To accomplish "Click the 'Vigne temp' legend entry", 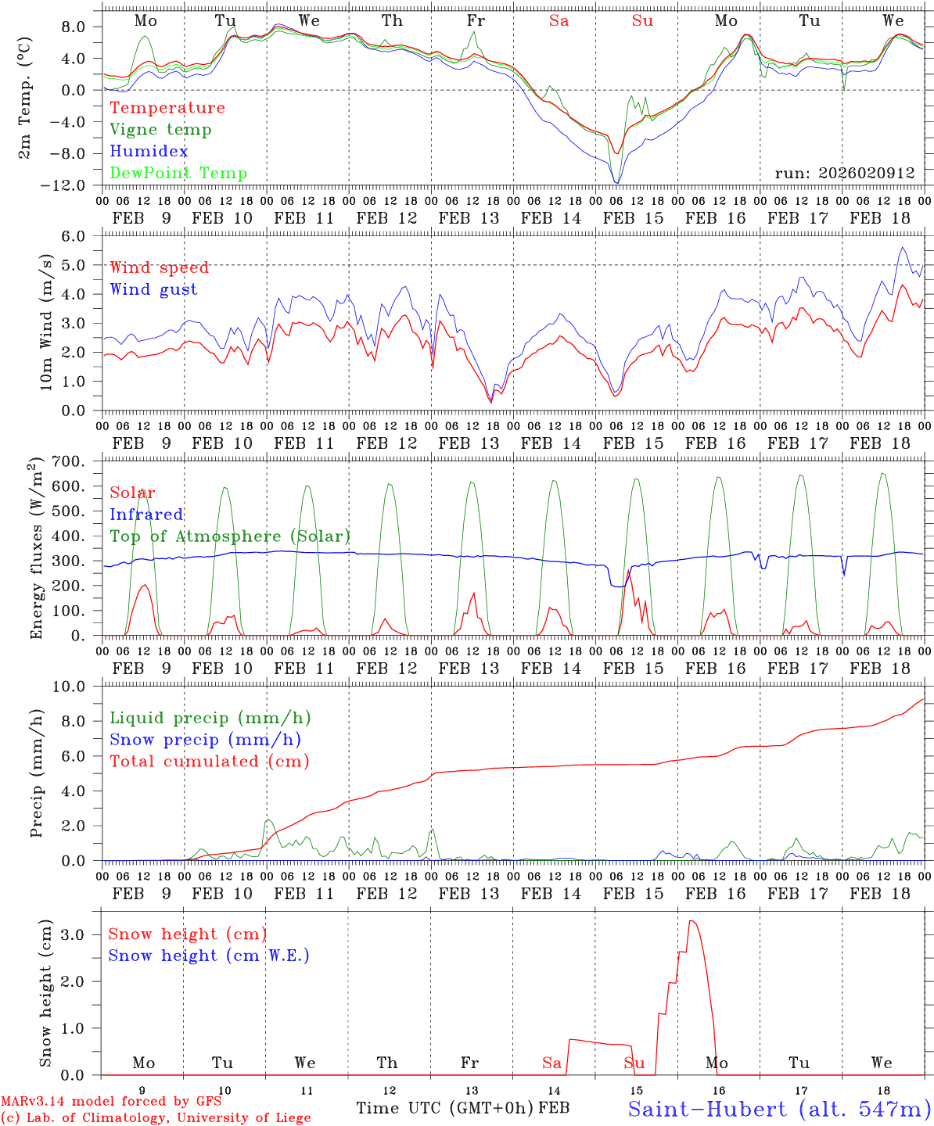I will click(x=160, y=130).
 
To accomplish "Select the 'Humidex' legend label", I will click(x=149, y=152).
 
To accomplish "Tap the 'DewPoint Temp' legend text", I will click(x=178, y=174).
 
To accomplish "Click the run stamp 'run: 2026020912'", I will click(x=844, y=174).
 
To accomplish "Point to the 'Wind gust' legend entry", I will click(x=153, y=289).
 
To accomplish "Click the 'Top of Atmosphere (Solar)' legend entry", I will click(x=229, y=536).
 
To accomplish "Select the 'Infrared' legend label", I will click(x=146, y=515).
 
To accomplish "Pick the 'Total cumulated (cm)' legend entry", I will click(x=209, y=762).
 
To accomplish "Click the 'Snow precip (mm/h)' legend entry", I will click(x=205, y=740).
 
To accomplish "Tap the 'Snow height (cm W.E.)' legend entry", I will click(x=208, y=956).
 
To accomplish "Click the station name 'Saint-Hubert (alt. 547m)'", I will click(x=779, y=1109).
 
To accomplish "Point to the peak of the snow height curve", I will click(x=691, y=921).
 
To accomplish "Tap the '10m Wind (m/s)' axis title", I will click(x=46, y=322).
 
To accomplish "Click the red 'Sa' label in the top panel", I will click(x=559, y=21).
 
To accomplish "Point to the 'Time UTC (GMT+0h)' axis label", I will click(x=445, y=1108).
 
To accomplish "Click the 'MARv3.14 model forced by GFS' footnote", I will click(x=111, y=1102).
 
